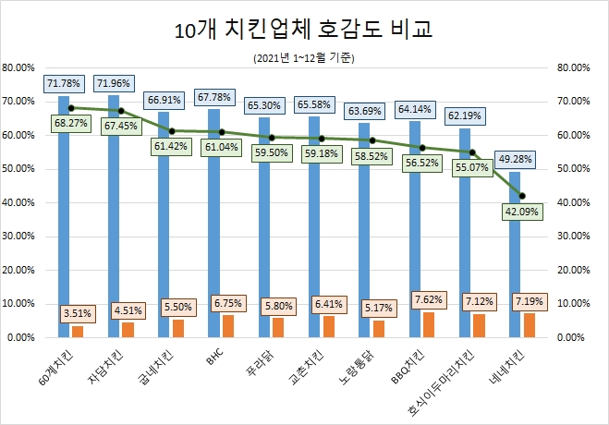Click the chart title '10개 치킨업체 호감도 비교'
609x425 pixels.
tap(304, 30)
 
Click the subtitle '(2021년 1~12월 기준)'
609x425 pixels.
tap(304, 58)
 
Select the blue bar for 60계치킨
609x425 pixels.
tap(64, 222)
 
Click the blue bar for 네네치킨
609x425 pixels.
tap(514, 259)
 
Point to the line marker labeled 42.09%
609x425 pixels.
tap(522, 196)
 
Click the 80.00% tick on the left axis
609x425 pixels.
tap(19, 68)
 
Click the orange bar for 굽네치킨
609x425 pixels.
tap(177, 329)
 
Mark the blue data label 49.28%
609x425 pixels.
tap(514, 157)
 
